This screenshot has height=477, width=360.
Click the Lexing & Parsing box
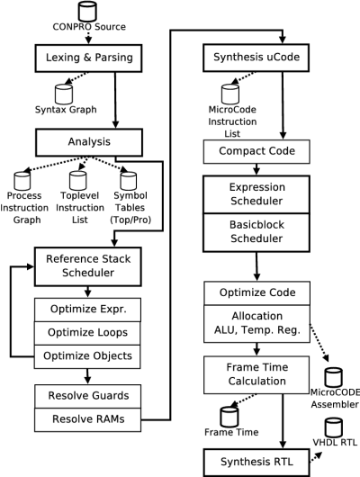88,58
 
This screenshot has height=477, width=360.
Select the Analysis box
89,142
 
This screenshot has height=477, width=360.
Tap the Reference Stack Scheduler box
88,266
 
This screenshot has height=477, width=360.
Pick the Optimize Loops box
87,333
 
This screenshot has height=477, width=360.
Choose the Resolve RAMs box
88,419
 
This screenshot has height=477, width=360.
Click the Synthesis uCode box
256,58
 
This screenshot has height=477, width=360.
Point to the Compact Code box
256,151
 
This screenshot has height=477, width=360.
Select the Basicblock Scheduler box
256,233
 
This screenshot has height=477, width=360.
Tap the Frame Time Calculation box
256,375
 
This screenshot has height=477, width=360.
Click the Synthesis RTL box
256,463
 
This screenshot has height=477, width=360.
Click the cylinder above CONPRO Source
87,11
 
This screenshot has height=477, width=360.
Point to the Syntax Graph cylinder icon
64,94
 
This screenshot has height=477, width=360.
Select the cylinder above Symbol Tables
129,181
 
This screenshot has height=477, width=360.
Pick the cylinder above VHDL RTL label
334,427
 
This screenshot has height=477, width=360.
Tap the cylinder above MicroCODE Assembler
334,377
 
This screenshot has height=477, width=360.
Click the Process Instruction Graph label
24,208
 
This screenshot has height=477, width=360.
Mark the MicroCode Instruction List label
232,121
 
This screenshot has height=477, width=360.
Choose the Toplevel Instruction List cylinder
78,181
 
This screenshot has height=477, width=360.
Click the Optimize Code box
257,293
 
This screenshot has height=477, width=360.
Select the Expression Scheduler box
256,194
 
